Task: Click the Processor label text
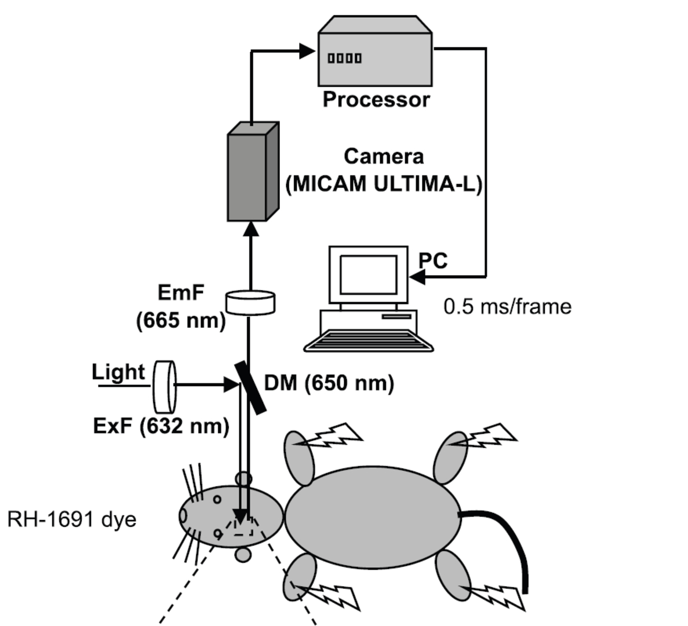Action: click(x=376, y=99)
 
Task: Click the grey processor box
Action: click(x=376, y=57)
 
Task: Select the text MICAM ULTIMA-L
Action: click(x=384, y=184)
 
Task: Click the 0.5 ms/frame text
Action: click(x=507, y=306)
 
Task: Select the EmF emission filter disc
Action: click(x=250, y=302)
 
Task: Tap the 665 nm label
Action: click(x=181, y=320)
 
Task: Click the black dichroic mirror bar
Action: click(x=250, y=387)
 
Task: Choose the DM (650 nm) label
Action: click(x=329, y=383)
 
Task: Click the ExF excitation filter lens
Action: click(x=164, y=385)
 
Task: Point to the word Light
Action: click(x=118, y=372)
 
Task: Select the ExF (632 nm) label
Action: click(x=161, y=426)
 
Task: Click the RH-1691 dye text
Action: click(x=72, y=519)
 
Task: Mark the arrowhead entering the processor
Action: click(x=307, y=51)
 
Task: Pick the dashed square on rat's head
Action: click(x=243, y=525)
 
